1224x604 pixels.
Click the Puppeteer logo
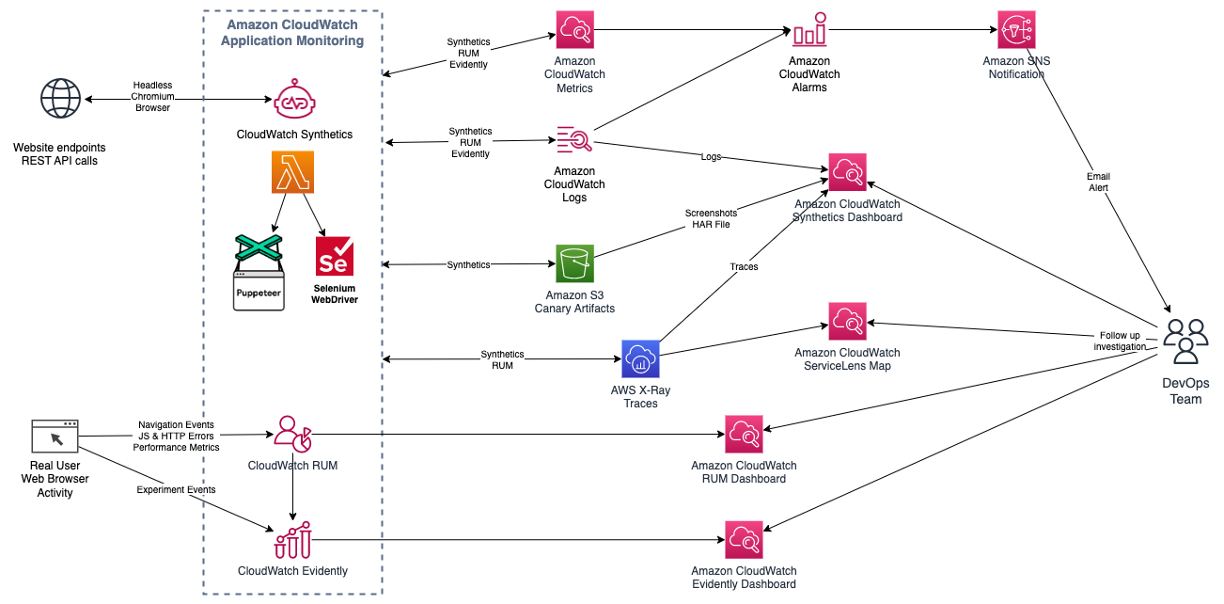click(x=258, y=273)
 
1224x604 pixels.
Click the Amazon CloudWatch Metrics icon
click(x=574, y=31)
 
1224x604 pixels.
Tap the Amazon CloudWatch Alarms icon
click(x=809, y=31)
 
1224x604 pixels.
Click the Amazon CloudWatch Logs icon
click(x=574, y=142)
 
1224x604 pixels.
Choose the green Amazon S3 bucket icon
click(x=574, y=264)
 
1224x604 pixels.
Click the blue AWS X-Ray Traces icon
click(x=640, y=359)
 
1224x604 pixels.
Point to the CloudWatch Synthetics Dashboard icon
click(x=847, y=173)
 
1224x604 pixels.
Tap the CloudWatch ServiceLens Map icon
click(x=847, y=322)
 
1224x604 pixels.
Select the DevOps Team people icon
click(x=1185, y=342)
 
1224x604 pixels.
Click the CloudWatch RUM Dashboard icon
click(x=744, y=435)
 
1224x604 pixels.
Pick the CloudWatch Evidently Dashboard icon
click(x=744, y=540)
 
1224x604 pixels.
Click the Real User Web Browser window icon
click(x=55, y=437)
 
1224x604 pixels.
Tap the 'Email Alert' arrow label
click(x=1098, y=182)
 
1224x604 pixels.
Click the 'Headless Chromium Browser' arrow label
click(x=152, y=96)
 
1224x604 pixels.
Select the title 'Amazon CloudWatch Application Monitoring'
click(x=293, y=33)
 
